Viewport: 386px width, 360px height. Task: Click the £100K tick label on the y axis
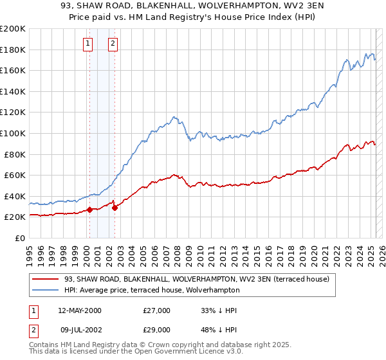(12, 133)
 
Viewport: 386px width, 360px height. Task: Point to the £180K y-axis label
(12, 50)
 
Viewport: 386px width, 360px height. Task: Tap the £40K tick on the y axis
(14, 196)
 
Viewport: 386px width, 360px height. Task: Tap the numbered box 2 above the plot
(113, 44)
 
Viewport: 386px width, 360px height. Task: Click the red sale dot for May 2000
(90, 210)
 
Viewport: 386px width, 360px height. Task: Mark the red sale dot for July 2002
(115, 208)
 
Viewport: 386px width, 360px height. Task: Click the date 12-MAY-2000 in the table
(80, 310)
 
